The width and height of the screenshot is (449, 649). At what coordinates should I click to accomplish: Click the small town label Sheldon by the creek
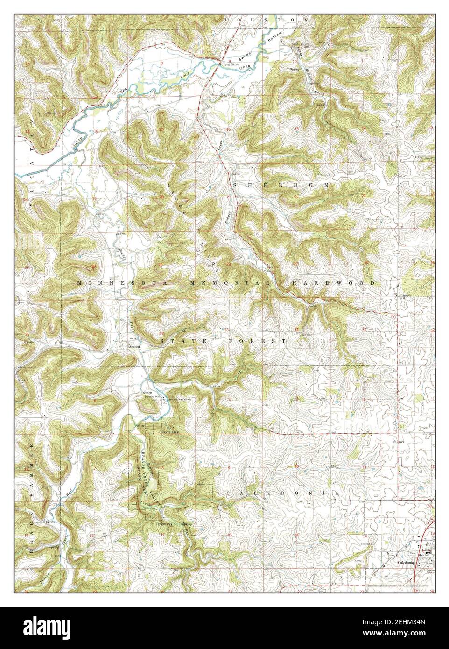(x=134, y=347)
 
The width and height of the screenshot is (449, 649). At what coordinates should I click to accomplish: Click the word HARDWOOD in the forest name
(x=333, y=283)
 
